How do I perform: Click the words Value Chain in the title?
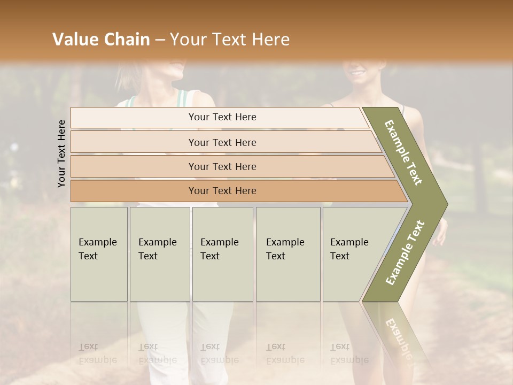coord(101,40)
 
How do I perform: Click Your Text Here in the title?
coord(230,40)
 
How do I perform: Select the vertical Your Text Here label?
coord(61,153)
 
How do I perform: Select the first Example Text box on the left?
coord(99,254)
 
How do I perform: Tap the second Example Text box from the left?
coord(159,254)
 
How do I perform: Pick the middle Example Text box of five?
coord(222,254)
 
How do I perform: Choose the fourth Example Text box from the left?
coord(287,254)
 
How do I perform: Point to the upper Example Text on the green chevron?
coord(404,152)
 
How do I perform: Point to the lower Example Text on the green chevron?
coord(405,252)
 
